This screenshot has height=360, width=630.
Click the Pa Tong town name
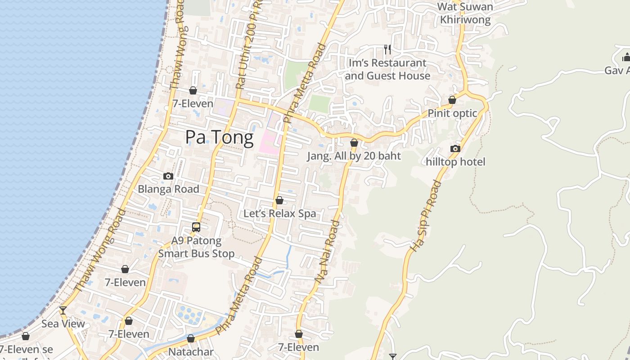[x=219, y=137]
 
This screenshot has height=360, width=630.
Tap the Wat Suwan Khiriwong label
[x=465, y=13]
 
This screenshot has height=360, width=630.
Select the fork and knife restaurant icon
[x=387, y=49]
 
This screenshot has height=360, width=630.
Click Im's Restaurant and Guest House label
[x=387, y=69]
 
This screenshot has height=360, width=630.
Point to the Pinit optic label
[x=452, y=113]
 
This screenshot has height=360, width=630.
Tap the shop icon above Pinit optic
[x=452, y=100]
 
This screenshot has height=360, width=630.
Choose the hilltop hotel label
[x=455, y=162]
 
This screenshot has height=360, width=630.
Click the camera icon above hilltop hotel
[x=455, y=148]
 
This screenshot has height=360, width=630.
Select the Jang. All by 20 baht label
[x=354, y=156]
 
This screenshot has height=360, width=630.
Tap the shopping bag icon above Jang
[x=354, y=143]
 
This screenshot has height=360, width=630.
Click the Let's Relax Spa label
[x=279, y=213]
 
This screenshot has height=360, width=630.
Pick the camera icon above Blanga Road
[x=168, y=176]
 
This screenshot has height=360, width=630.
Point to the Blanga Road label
[x=168, y=189]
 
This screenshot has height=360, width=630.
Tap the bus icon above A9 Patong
[x=196, y=227]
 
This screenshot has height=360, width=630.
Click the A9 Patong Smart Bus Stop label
[x=196, y=247]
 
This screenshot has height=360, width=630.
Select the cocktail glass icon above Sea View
[x=63, y=310]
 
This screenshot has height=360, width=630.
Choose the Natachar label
[x=191, y=351]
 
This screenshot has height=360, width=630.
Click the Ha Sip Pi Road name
[x=426, y=216]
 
